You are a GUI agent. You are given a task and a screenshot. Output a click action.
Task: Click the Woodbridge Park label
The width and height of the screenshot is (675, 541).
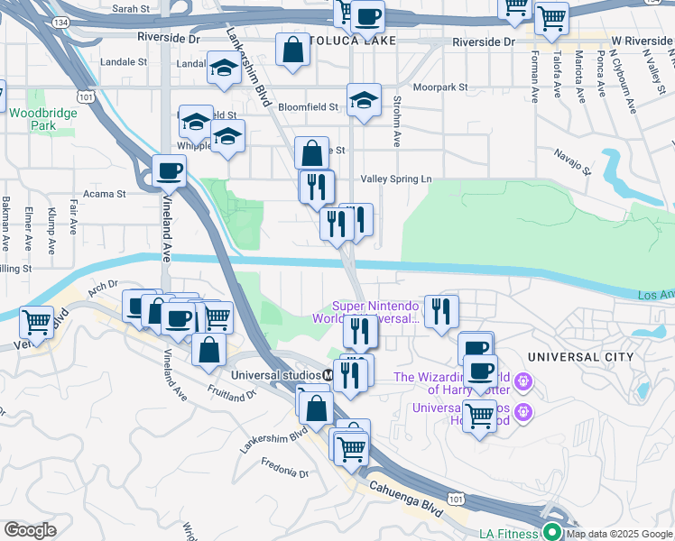(x=32, y=119)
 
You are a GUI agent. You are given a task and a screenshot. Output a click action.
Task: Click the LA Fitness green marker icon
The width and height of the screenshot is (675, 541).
(x=551, y=532)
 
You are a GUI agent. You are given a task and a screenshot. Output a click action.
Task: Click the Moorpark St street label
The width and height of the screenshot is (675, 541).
(x=440, y=87)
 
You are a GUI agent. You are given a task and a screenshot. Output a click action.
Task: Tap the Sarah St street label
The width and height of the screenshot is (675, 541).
(x=131, y=8)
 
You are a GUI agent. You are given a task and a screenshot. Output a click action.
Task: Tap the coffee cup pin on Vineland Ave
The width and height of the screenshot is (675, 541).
(x=169, y=170)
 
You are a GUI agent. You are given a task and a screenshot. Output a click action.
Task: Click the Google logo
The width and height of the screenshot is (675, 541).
(x=30, y=530)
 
